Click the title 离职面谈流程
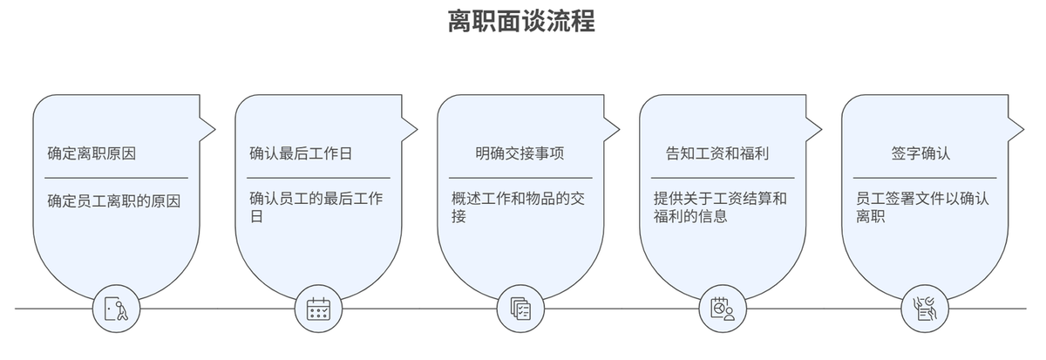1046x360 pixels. (x=521, y=22)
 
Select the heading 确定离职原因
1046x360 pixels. (x=92, y=153)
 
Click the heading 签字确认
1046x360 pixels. (x=920, y=153)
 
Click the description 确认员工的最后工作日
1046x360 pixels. (x=316, y=207)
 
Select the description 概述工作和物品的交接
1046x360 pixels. (x=517, y=207)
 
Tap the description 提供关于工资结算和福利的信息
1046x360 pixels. (x=720, y=207)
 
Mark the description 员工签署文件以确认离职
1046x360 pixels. (x=922, y=207)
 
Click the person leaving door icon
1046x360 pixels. (x=117, y=309)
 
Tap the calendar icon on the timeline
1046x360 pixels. (x=319, y=309)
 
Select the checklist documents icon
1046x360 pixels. (x=521, y=309)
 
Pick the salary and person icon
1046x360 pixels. (x=723, y=309)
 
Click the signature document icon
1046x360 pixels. (x=925, y=309)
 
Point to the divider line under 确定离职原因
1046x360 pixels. (x=117, y=178)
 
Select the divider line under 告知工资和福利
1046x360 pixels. (x=723, y=178)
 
